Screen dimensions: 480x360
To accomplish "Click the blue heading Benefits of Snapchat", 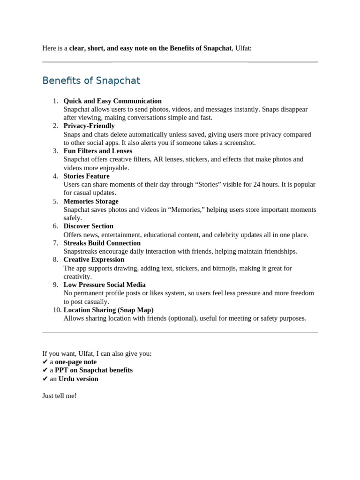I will click(91, 81).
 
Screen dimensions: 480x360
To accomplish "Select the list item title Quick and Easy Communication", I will click(112, 101).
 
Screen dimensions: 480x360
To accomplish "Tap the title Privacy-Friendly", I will click(89, 126).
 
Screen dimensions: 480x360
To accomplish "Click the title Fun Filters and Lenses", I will click(98, 151).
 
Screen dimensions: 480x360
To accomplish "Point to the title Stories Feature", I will click(87, 176).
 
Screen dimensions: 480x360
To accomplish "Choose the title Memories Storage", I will click(91, 201).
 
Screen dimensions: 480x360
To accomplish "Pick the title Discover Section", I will click(89, 226).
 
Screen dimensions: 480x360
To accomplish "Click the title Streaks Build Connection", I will click(102, 243).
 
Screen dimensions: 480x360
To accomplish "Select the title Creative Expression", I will click(94, 260).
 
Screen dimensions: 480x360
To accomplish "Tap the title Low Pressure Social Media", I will click(105, 285).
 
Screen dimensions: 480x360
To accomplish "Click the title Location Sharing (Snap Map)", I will click(108, 310).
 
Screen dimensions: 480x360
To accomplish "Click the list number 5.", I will click(55, 201).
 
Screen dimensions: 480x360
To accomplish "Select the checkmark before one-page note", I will click(45, 362).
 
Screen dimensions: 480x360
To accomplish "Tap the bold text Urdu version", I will click(78, 379).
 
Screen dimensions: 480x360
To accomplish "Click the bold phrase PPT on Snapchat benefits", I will click(94, 370).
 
